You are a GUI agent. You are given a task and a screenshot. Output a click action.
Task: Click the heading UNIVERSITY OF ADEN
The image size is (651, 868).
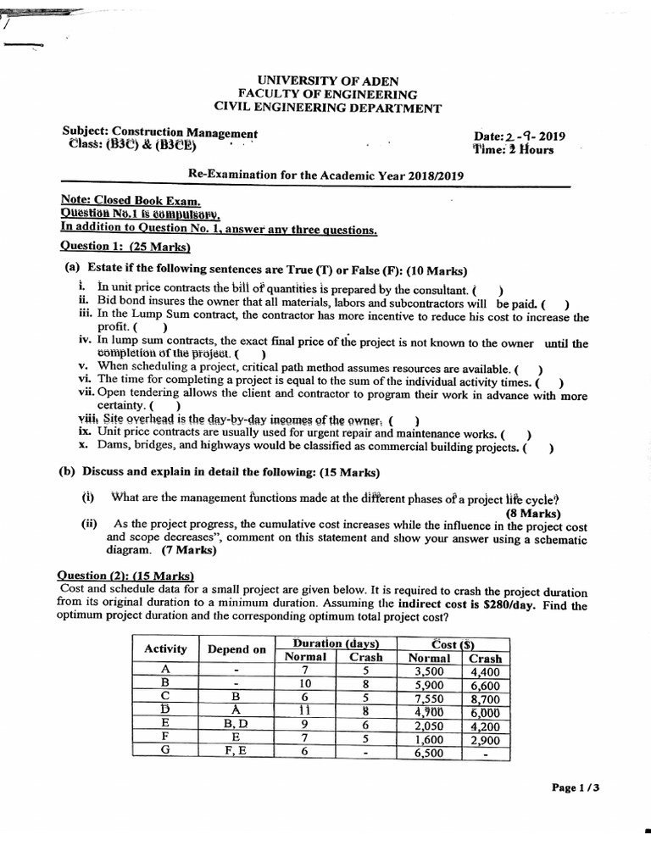[x=327, y=80]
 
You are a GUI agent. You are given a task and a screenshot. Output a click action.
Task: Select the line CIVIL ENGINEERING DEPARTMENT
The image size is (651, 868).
[x=327, y=108]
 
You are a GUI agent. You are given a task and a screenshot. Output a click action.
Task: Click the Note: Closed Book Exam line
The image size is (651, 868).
[x=131, y=201]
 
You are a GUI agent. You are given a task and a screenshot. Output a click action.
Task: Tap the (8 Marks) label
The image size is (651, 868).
[x=533, y=513]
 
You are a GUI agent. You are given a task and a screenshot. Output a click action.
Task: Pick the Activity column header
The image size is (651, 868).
[x=165, y=649]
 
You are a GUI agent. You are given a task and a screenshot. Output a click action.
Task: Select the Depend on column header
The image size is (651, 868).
[x=236, y=649]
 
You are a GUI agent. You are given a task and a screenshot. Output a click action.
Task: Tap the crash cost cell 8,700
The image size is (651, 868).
[x=486, y=698]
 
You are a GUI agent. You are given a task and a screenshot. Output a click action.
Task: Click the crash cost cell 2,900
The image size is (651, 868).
[x=486, y=738]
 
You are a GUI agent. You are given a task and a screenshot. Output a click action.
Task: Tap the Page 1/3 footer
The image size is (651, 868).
[x=576, y=787]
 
